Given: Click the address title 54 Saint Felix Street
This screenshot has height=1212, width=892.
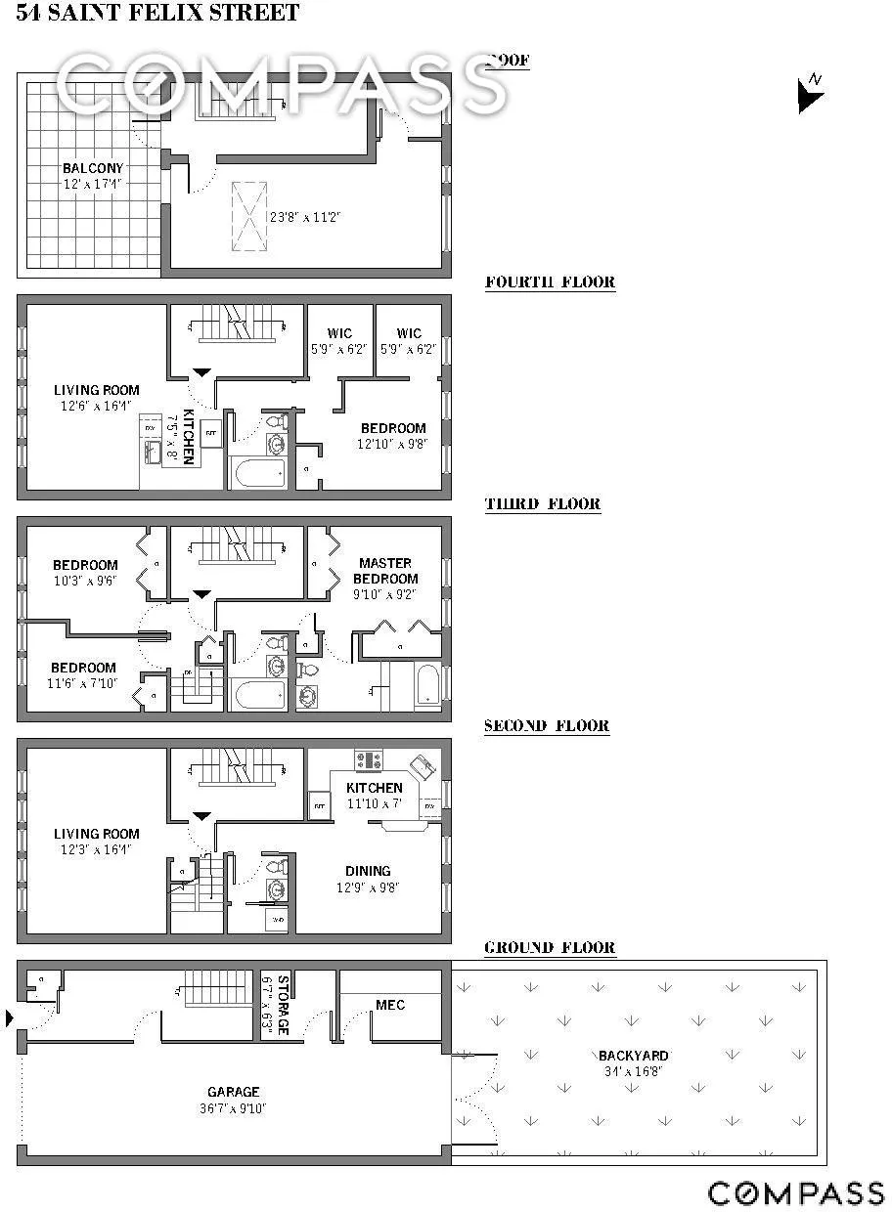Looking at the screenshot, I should (157, 14).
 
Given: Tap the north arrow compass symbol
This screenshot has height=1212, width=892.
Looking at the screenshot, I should (811, 94).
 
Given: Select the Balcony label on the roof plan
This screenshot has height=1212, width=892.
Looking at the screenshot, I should (93, 168).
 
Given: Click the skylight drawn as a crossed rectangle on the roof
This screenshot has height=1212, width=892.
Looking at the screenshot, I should (248, 216).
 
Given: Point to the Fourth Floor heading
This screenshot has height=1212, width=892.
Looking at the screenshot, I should (550, 282).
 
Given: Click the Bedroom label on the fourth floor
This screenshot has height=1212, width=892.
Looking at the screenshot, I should (393, 428).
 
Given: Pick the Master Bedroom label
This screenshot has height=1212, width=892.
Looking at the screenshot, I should (385, 571).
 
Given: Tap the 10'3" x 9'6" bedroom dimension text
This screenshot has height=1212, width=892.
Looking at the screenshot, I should (85, 581).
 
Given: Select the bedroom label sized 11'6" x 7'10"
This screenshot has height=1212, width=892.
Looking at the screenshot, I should (84, 669).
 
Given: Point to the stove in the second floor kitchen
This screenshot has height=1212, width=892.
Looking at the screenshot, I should (369, 759).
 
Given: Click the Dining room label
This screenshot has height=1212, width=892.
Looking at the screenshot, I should (368, 871).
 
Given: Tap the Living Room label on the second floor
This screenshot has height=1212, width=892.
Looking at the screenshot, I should (96, 834).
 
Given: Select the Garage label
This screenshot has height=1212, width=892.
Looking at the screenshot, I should (233, 1092).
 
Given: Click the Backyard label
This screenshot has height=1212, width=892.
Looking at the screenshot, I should (633, 1056).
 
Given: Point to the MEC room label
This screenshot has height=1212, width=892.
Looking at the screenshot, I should (390, 1005).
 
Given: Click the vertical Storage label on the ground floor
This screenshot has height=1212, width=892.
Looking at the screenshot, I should (281, 1004).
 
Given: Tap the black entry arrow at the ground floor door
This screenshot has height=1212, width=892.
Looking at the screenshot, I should (11, 1019).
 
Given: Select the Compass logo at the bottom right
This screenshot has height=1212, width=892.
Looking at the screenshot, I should (796, 1192).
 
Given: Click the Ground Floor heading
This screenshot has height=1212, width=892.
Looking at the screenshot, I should (550, 948).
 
